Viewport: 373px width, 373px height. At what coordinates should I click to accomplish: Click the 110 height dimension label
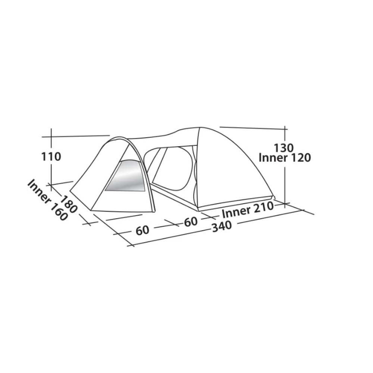click(51, 157)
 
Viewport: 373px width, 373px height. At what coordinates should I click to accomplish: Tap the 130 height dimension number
click(284, 148)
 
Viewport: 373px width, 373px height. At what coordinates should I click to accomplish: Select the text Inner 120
click(285, 158)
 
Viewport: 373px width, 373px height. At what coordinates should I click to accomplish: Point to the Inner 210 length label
click(247, 209)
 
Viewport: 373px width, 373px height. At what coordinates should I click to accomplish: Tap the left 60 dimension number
click(143, 230)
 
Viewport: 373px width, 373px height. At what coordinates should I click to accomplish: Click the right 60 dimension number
click(191, 222)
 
